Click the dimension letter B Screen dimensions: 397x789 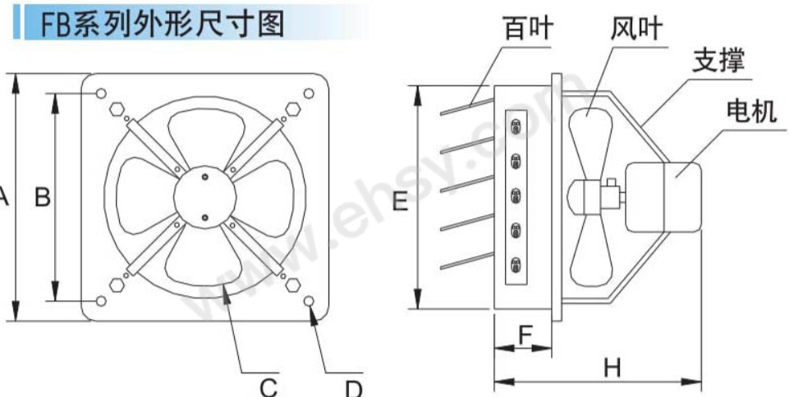pyautogui.click(x=44, y=197)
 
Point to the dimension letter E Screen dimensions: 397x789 pyautogui.click(x=400, y=201)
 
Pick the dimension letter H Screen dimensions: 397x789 pyautogui.click(x=612, y=369)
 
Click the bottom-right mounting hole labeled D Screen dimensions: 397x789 pyautogui.click(x=310, y=302)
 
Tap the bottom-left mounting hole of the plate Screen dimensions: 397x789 pyautogui.click(x=101, y=302)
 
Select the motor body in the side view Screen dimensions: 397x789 pyautogui.click(x=663, y=197)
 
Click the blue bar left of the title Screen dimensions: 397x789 pyautogui.click(x=16, y=22)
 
